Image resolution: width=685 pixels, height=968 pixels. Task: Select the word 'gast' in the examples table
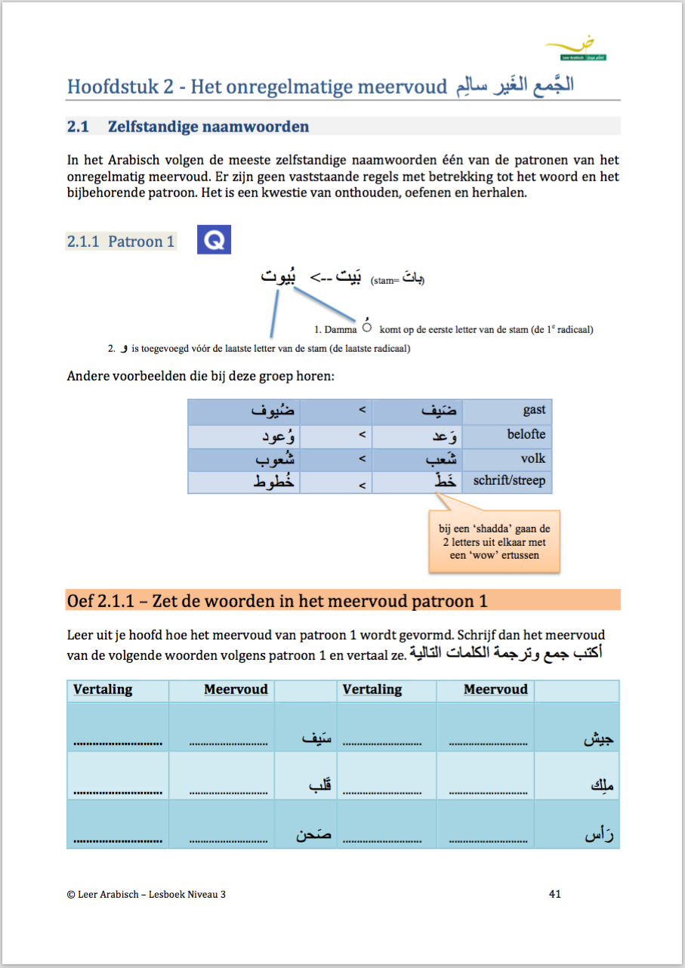pyautogui.click(x=533, y=410)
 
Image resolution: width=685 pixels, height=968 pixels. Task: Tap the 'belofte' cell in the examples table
pyautogui.click(x=526, y=434)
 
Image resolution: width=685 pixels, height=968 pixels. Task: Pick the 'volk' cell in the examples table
pyautogui.click(x=532, y=458)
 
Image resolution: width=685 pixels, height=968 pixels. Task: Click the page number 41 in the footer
pyautogui.click(x=554, y=894)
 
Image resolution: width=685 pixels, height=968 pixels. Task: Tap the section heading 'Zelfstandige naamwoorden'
pyautogui.click(x=208, y=127)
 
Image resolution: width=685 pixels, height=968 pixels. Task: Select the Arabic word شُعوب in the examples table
pyautogui.click(x=273, y=459)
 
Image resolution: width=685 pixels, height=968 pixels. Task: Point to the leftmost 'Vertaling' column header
pyautogui.click(x=103, y=689)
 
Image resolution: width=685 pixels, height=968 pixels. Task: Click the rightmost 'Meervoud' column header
pyautogui.click(x=495, y=689)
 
